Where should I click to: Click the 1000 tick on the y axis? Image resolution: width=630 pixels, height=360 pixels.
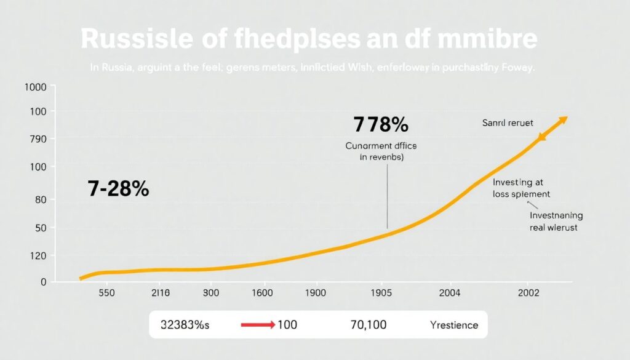click(x=34, y=87)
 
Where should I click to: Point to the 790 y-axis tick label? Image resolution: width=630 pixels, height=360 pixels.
click(x=36, y=139)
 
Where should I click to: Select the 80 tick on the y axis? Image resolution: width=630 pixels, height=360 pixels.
click(x=41, y=199)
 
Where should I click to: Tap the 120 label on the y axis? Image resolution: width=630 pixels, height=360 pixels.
click(x=38, y=255)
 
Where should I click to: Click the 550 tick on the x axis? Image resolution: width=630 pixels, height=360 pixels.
click(x=107, y=294)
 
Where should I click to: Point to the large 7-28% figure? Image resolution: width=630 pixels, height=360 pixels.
click(x=118, y=190)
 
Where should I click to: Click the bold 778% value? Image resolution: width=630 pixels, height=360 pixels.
click(x=381, y=125)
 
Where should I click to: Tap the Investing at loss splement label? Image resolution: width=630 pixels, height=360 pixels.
click(x=521, y=188)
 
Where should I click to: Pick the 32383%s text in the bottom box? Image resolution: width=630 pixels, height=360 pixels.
click(x=185, y=324)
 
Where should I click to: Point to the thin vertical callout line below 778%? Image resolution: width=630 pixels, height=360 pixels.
click(x=387, y=197)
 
